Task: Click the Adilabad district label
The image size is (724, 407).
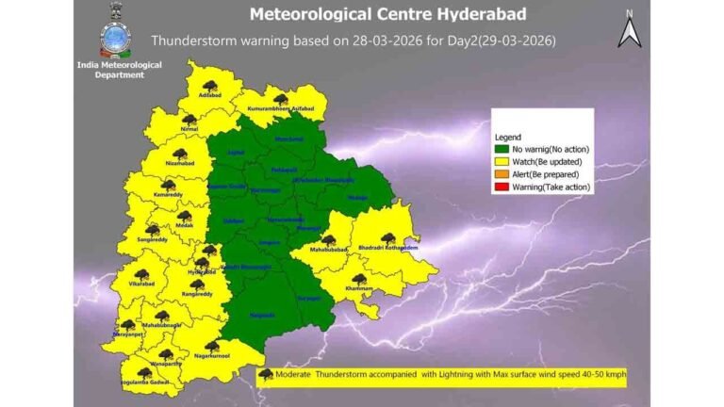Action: [x=209, y=96]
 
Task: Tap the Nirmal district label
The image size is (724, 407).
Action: [x=189, y=131]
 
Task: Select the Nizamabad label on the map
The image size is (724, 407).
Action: [x=178, y=164]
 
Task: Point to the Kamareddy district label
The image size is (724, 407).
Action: [x=168, y=195]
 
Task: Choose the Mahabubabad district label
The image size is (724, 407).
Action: [x=327, y=252]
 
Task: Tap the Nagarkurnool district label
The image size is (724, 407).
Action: [x=212, y=357]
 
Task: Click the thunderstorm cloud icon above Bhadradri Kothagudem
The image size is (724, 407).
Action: [x=387, y=237]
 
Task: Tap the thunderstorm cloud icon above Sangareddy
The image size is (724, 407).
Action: [x=152, y=230]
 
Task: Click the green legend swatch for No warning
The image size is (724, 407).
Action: [x=502, y=150]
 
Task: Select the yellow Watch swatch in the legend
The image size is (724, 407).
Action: [x=502, y=162]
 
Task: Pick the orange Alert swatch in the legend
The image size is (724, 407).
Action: [x=502, y=174]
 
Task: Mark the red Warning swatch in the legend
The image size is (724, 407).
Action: [x=502, y=187]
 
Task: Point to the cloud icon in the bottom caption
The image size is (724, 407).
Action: [x=266, y=375]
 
